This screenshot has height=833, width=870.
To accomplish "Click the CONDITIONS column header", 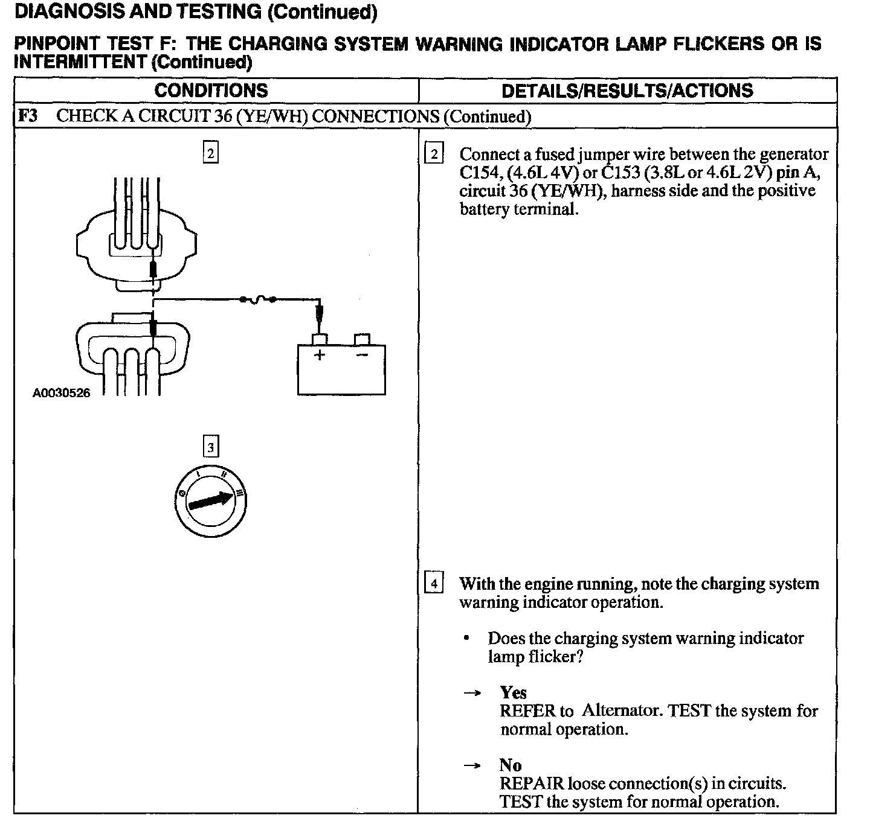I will pyautogui.click(x=211, y=91).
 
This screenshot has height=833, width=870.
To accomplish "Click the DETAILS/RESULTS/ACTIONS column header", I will pyautogui.click(x=627, y=91).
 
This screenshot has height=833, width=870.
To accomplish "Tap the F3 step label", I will pyautogui.click(x=28, y=116).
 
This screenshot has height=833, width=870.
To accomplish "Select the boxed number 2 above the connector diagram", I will pyautogui.click(x=210, y=153).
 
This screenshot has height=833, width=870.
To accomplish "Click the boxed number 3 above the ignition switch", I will pyautogui.click(x=210, y=447).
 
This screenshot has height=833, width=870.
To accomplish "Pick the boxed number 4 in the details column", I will pyautogui.click(x=434, y=584).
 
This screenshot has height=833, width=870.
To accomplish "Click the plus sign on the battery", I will pyautogui.click(x=319, y=355).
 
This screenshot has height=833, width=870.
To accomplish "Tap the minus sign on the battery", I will pyautogui.click(x=362, y=355).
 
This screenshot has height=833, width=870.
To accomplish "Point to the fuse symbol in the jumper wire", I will pyautogui.click(x=259, y=298).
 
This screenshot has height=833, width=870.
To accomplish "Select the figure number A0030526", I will pyautogui.click(x=61, y=393).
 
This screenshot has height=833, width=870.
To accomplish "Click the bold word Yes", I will pyautogui.click(x=513, y=692).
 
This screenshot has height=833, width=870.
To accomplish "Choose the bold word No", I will pyautogui.click(x=511, y=765).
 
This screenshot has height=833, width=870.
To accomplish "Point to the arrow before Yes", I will pyautogui.click(x=472, y=693).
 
